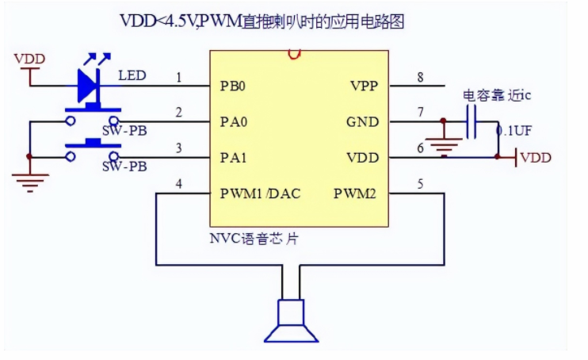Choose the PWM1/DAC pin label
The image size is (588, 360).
point(254,193)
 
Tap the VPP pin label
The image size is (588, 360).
point(364,84)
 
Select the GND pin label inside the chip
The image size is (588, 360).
point(363,122)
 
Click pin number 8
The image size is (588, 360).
point(420,77)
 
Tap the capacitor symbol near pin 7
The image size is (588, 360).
point(472,122)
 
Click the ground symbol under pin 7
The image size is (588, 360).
point(443,146)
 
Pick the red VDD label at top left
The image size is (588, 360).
point(30,59)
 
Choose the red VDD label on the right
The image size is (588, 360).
point(536,158)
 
